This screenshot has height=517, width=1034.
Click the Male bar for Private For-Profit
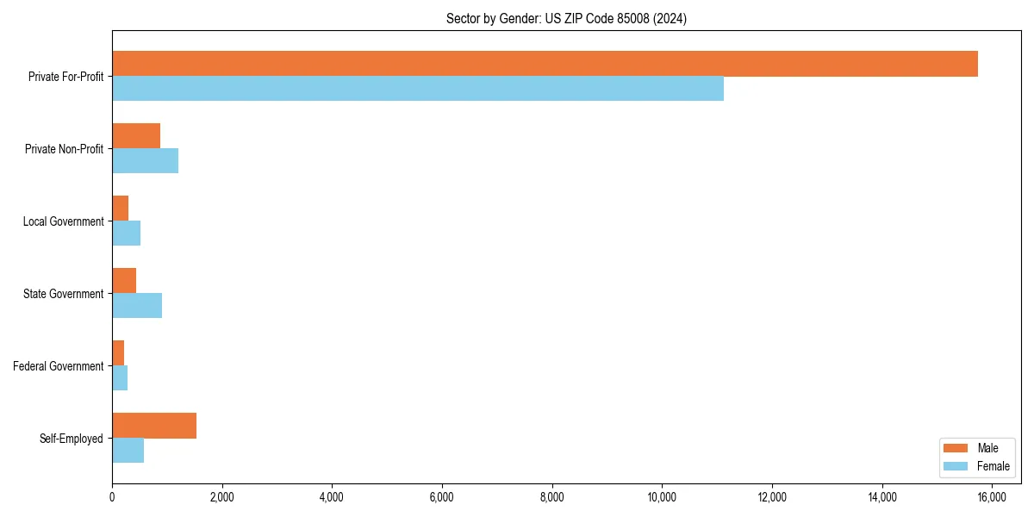pos(545,64)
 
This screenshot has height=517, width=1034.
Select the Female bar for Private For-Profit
pos(418,89)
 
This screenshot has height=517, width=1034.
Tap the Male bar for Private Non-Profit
pos(136,136)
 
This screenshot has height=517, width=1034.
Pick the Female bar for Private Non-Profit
pos(145,161)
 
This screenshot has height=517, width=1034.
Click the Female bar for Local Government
pos(126,234)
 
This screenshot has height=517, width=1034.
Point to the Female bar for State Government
pos(137,306)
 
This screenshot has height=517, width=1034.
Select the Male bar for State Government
pos(124,281)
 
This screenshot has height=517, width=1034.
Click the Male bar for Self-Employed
pos(154,426)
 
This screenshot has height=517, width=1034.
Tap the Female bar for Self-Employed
pos(128,451)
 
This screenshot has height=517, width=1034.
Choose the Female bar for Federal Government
pos(120,378)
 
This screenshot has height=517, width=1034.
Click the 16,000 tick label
pos(992,496)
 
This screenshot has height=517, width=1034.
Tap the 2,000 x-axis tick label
pos(221,496)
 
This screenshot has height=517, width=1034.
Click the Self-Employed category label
pos(72,439)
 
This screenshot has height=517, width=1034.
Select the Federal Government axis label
pos(59,366)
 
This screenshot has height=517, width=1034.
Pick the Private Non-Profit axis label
pos(64,149)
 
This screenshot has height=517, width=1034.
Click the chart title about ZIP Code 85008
pos(566,18)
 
